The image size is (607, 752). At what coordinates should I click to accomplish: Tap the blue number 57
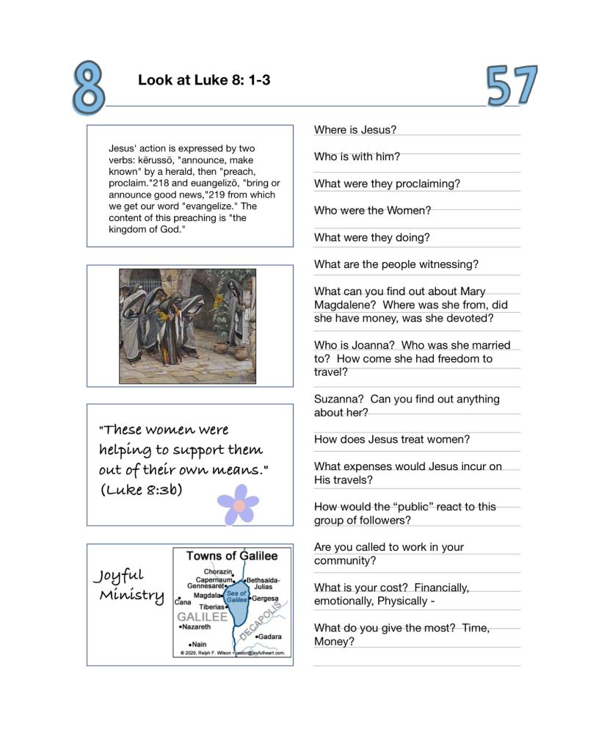[x=512, y=87]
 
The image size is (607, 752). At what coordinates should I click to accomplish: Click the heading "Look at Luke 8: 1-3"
[x=204, y=80]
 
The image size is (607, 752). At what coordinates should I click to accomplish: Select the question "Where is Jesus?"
[x=355, y=130]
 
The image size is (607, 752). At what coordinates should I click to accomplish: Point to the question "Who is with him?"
[x=357, y=156]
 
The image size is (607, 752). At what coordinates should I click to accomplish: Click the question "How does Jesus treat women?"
[x=392, y=439]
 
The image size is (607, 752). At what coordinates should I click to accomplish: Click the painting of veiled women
[x=188, y=325]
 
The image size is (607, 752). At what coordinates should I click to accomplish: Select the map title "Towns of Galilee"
[x=232, y=556]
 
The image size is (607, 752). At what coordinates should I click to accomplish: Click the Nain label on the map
[x=198, y=644]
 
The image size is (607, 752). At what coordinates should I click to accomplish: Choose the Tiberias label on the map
[x=212, y=607]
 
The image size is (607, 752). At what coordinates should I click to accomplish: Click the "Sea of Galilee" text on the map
[x=236, y=596]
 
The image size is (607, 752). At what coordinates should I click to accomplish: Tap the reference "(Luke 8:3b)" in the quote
[x=142, y=490]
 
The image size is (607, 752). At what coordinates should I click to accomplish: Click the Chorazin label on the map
[x=219, y=571]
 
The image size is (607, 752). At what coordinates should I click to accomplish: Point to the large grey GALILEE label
[x=203, y=617]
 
